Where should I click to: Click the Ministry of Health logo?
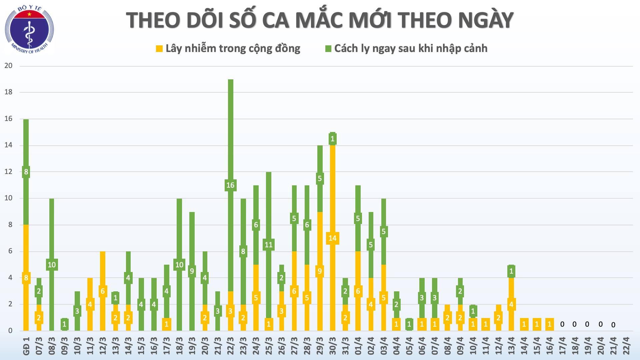(29, 30)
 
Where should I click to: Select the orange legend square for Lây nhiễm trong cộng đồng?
(159, 49)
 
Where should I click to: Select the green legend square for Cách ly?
(328, 49)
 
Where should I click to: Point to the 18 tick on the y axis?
(8, 92)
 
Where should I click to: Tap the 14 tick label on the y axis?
(8, 145)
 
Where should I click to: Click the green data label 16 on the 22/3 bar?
(230, 185)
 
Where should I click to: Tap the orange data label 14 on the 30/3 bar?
(333, 238)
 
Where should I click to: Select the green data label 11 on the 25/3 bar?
(269, 245)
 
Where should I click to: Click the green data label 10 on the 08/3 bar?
(52, 265)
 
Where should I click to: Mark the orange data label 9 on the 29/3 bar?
(320, 271)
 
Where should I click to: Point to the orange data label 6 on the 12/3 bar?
(103, 291)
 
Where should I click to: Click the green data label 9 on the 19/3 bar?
(192, 271)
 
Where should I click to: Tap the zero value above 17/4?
(562, 324)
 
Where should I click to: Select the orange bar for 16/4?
(549, 324)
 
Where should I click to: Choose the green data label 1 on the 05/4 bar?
(409, 324)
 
